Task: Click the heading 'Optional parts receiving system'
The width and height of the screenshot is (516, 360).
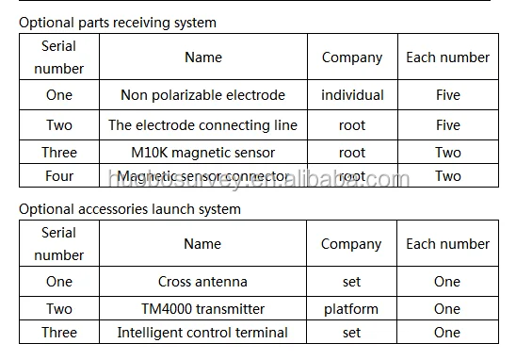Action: click(118, 22)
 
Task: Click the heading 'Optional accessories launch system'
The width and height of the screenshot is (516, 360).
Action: click(130, 208)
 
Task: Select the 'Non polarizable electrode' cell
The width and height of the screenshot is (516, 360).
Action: click(202, 94)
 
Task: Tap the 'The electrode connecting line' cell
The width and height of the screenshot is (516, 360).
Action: click(202, 124)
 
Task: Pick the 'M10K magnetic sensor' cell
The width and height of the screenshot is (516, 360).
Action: click(202, 152)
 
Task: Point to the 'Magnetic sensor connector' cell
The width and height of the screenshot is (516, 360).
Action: click(202, 175)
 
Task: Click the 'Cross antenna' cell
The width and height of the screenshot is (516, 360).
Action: click(202, 281)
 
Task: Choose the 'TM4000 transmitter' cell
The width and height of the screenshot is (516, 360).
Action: click(202, 308)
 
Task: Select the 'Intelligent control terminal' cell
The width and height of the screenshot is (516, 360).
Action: click(202, 332)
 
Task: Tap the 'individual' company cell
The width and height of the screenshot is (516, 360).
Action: click(352, 94)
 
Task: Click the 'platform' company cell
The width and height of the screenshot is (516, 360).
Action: click(351, 308)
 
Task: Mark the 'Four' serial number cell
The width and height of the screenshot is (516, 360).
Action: click(59, 175)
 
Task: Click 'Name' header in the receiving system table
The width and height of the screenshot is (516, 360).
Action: click(202, 57)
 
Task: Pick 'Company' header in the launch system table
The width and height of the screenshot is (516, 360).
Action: click(351, 243)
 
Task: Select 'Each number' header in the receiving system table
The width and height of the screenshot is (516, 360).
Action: click(447, 57)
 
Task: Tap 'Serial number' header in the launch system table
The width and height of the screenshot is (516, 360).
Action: click(59, 243)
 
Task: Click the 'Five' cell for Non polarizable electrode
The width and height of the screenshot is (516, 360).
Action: click(447, 94)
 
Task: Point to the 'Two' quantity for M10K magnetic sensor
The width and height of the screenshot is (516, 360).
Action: click(447, 152)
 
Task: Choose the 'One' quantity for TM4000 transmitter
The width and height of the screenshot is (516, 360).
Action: click(447, 308)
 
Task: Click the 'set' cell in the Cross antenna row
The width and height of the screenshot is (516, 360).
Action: click(351, 281)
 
